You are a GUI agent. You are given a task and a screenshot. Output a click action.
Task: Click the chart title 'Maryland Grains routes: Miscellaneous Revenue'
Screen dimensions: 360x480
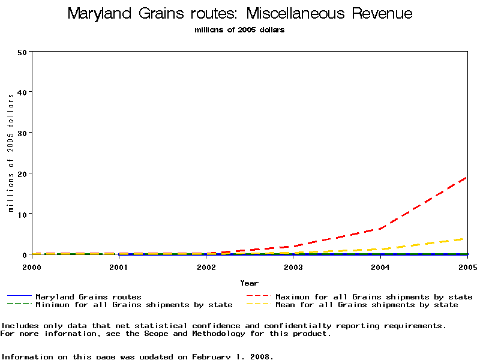click(x=240, y=13)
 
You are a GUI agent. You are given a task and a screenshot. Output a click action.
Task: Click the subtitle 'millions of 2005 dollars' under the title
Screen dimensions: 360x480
click(x=240, y=30)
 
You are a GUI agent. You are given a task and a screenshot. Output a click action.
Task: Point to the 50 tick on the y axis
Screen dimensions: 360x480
click(x=23, y=52)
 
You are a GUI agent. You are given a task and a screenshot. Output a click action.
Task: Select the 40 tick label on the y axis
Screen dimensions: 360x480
click(x=23, y=92)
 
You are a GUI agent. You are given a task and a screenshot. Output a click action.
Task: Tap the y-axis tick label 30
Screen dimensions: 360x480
click(x=23, y=133)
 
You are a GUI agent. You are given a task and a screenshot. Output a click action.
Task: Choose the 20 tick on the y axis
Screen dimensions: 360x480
click(x=23, y=173)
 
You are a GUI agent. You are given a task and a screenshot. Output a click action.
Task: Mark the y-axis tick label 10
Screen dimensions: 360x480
click(x=23, y=214)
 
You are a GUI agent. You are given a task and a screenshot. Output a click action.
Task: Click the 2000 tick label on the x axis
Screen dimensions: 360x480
click(x=32, y=266)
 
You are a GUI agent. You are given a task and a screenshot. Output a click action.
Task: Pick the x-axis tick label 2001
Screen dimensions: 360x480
click(x=119, y=266)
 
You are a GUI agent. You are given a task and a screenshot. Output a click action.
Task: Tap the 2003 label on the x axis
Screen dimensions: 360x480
click(x=293, y=266)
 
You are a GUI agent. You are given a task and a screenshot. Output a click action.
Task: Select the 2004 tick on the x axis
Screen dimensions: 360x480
click(x=380, y=266)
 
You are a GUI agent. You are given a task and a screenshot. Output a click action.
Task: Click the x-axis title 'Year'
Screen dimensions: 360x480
click(x=249, y=283)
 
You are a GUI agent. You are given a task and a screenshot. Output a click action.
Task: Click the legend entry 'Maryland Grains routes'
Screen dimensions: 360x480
click(x=88, y=297)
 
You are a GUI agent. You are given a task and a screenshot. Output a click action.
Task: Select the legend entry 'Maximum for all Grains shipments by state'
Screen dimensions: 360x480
click(x=374, y=297)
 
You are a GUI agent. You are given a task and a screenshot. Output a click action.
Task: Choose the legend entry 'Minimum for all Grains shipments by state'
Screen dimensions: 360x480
click(x=134, y=305)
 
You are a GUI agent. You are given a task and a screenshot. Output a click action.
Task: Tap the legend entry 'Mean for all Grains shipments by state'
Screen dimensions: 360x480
click(x=367, y=305)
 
